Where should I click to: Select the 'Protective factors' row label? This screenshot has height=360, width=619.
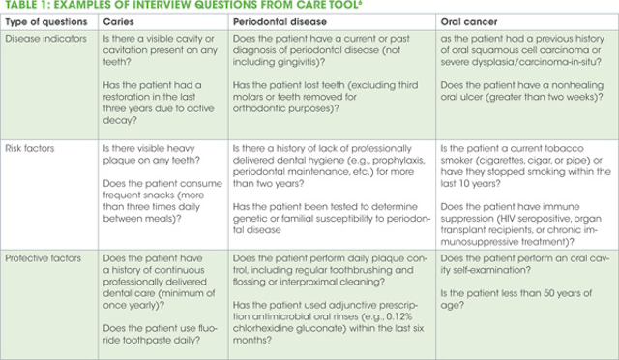(x=48, y=259)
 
